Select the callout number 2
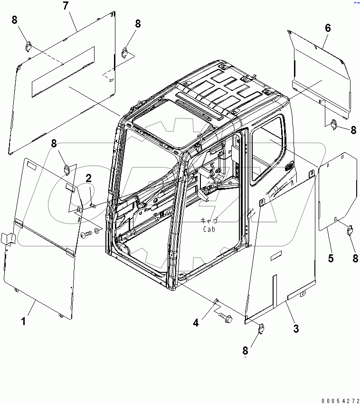tap(88, 178)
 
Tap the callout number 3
tap(296, 328)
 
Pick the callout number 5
tap(331, 259)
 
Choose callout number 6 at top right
tap(328, 28)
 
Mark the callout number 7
tap(66, 7)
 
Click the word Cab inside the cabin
tap(209, 229)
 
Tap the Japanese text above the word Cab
tap(209, 221)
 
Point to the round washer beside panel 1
tap(98, 231)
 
